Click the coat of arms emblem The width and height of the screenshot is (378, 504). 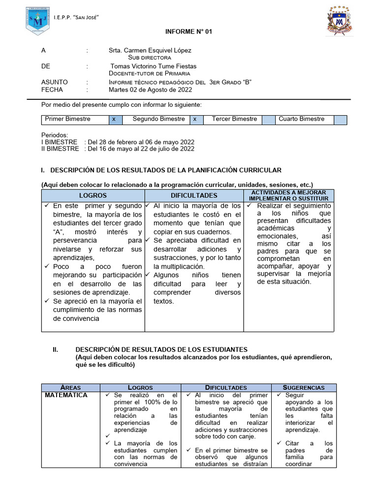tap(339, 21)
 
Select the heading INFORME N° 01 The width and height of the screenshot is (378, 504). tap(189, 31)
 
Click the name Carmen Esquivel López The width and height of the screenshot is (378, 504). tap(150, 50)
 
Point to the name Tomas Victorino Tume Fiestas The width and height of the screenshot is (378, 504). tap(153, 66)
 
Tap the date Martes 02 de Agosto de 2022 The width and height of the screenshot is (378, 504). tap(150, 90)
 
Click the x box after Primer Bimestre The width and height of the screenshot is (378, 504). tap(114, 120)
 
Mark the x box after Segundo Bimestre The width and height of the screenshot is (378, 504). tap(195, 120)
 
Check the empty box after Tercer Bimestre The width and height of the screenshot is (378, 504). tap(269, 120)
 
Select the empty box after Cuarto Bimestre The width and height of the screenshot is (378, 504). tap(340, 120)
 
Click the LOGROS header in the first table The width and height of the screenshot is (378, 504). tap(93, 195)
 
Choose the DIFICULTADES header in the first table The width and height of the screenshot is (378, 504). tap(194, 195)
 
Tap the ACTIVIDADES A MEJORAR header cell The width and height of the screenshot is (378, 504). tap(288, 195)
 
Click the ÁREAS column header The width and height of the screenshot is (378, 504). tap(70, 387)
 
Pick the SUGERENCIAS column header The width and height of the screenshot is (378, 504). tap(304, 387)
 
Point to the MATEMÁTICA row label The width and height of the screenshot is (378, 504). tap(66, 395)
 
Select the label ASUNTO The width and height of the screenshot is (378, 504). tap(55, 82)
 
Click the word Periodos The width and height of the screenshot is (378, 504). tap(55, 135)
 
